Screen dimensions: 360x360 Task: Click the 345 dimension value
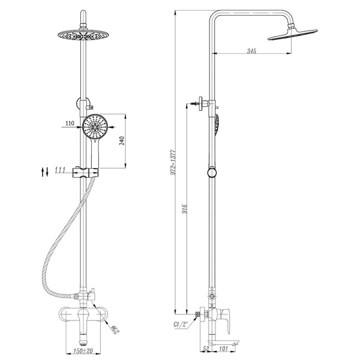click(251, 51)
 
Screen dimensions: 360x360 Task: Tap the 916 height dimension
click(185, 208)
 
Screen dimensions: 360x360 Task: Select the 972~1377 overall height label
click(173, 162)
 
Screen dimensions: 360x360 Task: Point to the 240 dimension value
click(122, 140)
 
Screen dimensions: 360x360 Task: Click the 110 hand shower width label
click(70, 123)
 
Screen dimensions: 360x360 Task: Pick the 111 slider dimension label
click(60, 170)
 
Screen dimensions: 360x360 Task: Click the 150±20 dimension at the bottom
click(83, 351)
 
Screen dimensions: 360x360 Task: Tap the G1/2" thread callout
click(181, 325)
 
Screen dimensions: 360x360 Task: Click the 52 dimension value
click(206, 349)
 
